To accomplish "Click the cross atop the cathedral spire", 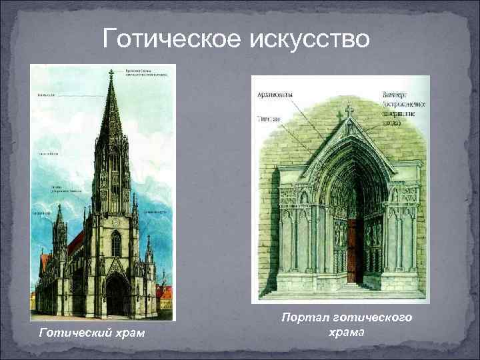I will (x=111, y=73).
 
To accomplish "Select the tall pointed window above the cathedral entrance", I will (x=116, y=245).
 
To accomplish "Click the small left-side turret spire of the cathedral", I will (x=59, y=217).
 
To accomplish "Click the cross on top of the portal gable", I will (x=349, y=111).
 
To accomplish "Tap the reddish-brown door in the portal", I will (x=355, y=250).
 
